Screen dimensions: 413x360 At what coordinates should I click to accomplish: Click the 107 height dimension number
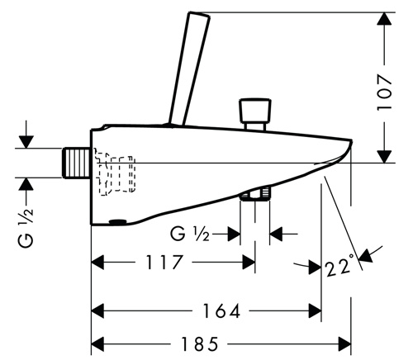[384, 92]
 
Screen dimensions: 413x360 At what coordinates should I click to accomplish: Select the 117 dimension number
[164, 262]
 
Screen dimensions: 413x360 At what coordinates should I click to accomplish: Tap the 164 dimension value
[221, 310]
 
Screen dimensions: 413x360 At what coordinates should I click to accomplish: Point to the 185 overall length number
[199, 344]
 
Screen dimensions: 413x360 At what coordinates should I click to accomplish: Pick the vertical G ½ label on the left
[26, 228]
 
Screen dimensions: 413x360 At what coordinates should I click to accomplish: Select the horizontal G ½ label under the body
[190, 234]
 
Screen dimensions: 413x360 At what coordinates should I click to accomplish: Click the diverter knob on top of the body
[255, 114]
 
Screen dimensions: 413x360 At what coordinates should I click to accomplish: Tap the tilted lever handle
[189, 69]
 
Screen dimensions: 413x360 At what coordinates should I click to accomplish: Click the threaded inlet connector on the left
[76, 163]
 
